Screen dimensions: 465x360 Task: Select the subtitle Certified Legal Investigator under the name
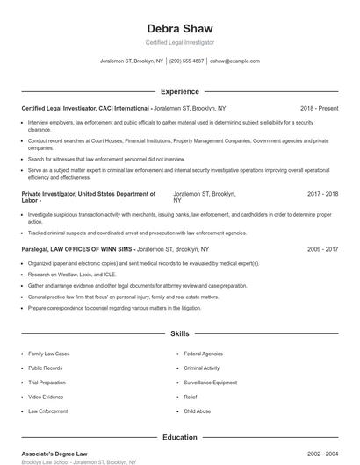tap(179, 42)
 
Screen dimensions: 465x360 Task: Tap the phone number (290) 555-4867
tap(186, 61)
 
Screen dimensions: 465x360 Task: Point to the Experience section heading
tap(179, 91)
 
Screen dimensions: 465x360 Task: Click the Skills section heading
tap(179, 334)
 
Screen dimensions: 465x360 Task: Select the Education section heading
tap(179, 437)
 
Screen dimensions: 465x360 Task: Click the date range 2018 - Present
tap(319, 108)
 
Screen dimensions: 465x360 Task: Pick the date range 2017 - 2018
tap(322, 194)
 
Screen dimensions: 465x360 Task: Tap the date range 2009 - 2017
tap(322, 249)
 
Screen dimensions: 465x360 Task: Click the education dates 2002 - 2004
tap(322, 453)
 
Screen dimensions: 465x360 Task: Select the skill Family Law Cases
tap(48, 354)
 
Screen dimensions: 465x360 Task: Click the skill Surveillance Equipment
tap(211, 383)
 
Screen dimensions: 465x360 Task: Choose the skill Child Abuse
tap(197, 411)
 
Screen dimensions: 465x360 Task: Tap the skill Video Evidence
tap(46, 397)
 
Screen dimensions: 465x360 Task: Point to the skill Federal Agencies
tap(203, 354)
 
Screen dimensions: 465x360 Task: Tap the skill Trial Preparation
tap(47, 383)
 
